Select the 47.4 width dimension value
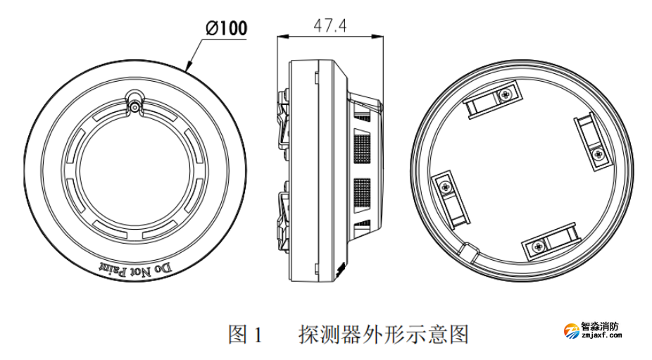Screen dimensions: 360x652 tap(330, 25)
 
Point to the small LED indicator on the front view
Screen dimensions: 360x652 tap(134, 107)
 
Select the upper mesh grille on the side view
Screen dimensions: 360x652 tap(361, 148)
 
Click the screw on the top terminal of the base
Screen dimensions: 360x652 tap(505, 94)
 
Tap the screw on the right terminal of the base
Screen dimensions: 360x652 tap(598, 153)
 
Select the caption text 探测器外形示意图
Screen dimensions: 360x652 tap(383, 333)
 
